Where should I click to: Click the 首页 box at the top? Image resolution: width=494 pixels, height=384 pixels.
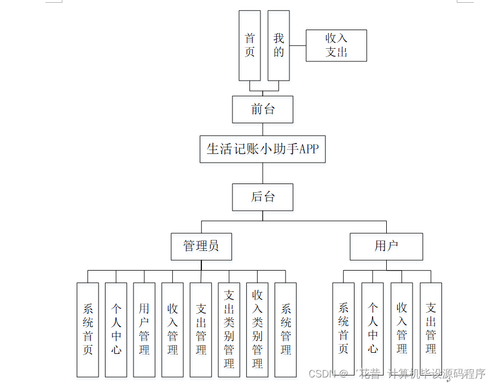[x=249, y=45]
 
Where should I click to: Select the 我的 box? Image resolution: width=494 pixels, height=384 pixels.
[x=278, y=45]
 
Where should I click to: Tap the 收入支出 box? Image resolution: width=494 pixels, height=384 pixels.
[x=336, y=45]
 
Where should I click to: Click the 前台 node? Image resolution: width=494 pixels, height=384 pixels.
[x=263, y=110]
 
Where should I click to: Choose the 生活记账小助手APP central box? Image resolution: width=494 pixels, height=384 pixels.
[x=263, y=149]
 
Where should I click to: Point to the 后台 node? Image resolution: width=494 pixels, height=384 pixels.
[x=263, y=197]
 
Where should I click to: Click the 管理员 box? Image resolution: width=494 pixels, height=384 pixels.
[x=201, y=247]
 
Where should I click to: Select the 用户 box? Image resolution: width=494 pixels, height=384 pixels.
[x=386, y=247]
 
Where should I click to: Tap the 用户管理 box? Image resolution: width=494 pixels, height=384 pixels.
[x=144, y=329]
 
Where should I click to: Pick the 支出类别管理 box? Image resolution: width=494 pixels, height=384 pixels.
[x=229, y=329]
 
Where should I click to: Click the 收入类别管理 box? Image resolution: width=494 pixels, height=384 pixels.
[x=257, y=329]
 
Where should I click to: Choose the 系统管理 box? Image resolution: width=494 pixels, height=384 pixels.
[x=286, y=329]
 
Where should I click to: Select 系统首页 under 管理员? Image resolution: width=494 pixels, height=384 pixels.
[x=88, y=329]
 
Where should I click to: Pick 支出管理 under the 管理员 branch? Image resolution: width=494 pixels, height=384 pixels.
[x=201, y=329]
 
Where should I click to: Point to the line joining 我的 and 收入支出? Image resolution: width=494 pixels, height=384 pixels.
[x=298, y=45]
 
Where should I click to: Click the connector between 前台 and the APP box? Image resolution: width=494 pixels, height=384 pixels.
[x=263, y=129]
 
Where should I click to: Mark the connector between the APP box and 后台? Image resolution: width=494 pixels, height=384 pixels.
[x=263, y=173]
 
